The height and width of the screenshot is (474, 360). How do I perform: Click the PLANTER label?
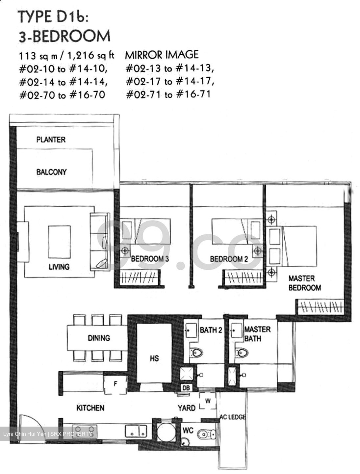[51, 140]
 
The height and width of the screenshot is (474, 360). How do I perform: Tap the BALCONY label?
[51, 172]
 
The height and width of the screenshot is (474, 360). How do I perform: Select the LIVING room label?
[59, 267]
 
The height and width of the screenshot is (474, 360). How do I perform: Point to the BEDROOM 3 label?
[150, 259]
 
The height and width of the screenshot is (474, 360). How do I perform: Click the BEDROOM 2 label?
[229, 259]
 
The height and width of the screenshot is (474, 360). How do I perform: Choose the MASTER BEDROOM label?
[304, 283]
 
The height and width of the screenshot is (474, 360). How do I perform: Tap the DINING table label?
[99, 338]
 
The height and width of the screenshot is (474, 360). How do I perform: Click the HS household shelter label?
[154, 358]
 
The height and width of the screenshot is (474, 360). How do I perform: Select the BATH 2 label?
[211, 330]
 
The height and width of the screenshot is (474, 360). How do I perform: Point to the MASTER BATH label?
[257, 333]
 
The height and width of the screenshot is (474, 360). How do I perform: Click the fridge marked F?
[115, 384]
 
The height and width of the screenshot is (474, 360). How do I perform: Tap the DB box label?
[186, 388]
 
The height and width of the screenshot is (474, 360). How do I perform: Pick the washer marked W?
[208, 401]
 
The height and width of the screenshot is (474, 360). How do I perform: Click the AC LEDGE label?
[233, 417]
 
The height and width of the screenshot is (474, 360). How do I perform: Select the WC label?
[188, 431]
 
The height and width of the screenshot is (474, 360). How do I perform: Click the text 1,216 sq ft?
[90, 55]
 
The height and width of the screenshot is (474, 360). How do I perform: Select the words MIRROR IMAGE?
[162, 54]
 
